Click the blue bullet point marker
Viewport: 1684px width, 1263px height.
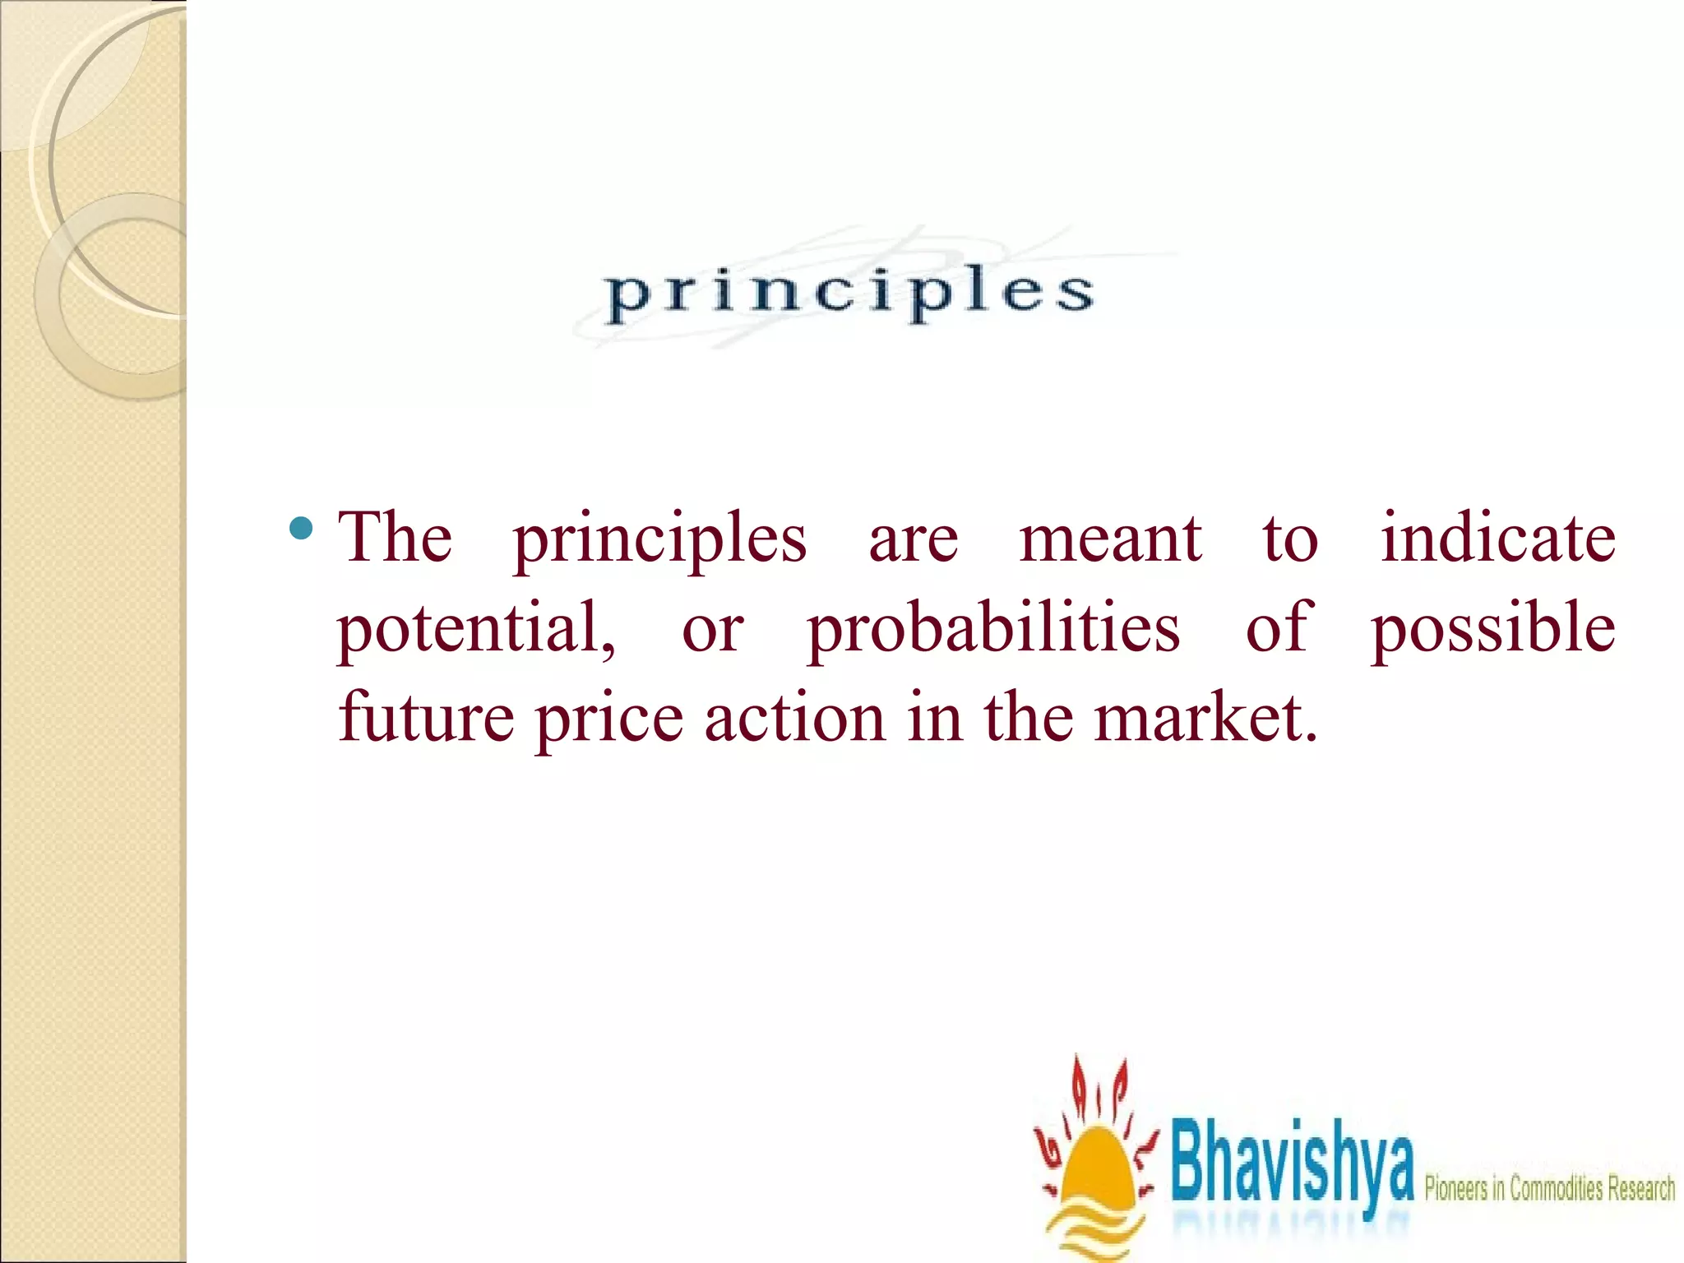(302, 529)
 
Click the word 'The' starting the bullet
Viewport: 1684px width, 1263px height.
(396, 538)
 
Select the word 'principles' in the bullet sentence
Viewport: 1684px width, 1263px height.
(659, 541)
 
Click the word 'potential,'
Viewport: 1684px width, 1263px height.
(476, 628)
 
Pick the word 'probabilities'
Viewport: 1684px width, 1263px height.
(993, 630)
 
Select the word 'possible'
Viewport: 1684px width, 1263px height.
(1492, 630)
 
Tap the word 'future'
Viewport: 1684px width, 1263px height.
(427, 717)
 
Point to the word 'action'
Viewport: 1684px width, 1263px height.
(795, 717)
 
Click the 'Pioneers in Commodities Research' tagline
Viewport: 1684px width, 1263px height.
(1549, 1188)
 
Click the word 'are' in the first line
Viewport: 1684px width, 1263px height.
(913, 541)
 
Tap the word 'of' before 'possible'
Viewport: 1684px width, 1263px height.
(1275, 628)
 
